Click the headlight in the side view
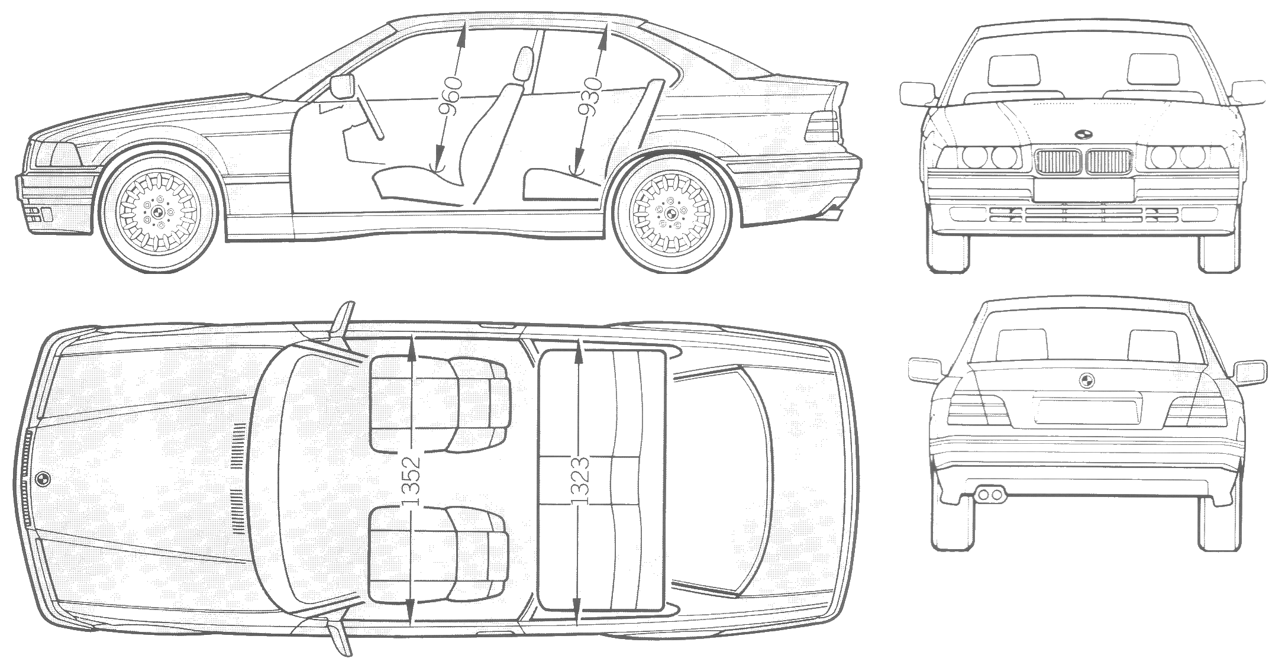[57, 155]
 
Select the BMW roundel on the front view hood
[1083, 134]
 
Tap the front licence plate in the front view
[1084, 189]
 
